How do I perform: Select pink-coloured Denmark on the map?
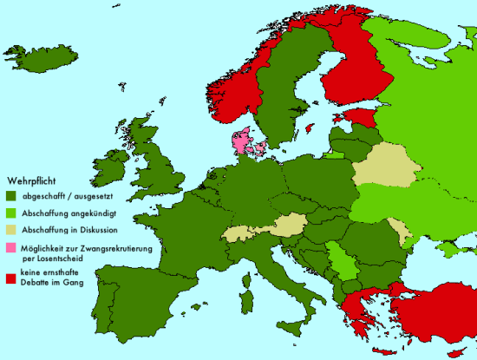pos(241,139)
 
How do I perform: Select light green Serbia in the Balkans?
pos(344,262)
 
